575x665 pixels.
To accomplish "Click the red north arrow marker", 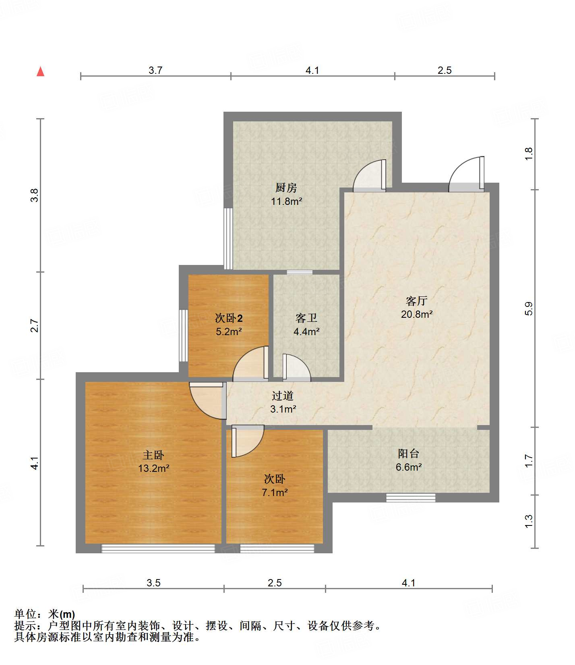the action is point(40,71).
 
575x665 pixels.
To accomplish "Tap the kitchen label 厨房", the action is point(286,188).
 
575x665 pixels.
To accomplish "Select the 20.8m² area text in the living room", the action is point(417,314).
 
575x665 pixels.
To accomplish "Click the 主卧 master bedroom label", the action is point(153,455).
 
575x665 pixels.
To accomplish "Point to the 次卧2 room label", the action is point(229,318).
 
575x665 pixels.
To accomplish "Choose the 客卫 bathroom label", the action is point(306,318).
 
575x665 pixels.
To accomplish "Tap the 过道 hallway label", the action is point(283,396).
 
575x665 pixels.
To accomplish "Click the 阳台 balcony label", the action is point(409,454).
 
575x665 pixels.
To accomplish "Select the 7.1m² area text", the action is point(275,492).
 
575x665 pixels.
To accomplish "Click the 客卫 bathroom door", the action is point(297,367).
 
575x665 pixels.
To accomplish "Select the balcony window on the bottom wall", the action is point(411,498).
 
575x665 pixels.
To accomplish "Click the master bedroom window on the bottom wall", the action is point(158,548).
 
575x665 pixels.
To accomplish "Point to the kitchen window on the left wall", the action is point(228,238).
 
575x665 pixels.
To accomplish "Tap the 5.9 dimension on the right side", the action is point(529,309).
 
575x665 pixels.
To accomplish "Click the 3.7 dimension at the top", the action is point(155,70).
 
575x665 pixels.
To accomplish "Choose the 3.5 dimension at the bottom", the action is point(153,583).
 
